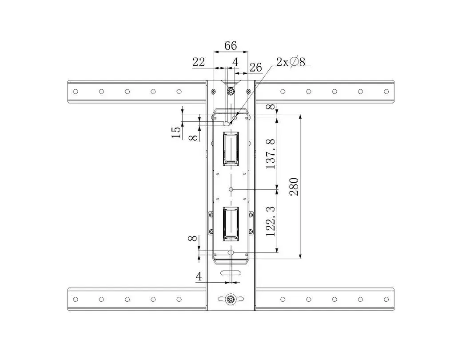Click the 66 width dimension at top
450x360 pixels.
231,46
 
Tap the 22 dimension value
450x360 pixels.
199,62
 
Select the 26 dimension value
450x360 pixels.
255,68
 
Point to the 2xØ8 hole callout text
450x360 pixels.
291,61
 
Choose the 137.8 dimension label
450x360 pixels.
271,154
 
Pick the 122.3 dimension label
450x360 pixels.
271,221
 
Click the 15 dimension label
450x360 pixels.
176,132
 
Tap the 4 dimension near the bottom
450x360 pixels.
199,276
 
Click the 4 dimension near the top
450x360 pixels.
235,62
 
